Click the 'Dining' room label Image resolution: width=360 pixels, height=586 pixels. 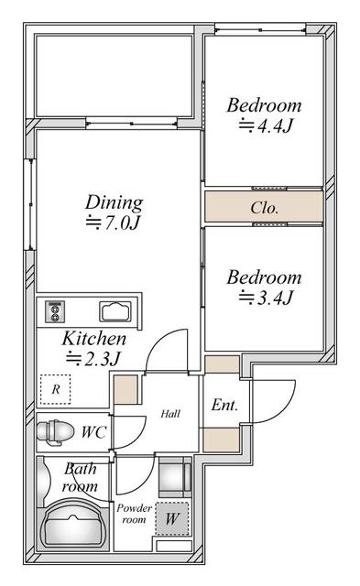tap(115, 201)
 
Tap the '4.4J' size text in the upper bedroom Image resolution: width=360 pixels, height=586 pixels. tap(265, 126)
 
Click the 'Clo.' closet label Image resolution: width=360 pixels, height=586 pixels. tap(265, 208)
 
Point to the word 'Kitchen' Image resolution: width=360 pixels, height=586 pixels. tap(93, 338)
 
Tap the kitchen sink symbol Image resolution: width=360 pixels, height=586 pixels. tap(116, 310)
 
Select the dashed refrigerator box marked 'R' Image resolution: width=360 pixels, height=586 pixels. tap(56, 389)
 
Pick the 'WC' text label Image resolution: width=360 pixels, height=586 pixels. tap(93, 430)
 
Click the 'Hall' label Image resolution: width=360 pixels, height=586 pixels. tap(169, 414)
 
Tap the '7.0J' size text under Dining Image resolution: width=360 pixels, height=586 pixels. tap(115, 222)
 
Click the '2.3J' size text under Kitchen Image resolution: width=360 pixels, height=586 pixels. tap(95, 358)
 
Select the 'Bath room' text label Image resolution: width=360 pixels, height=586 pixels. tap(79, 477)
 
